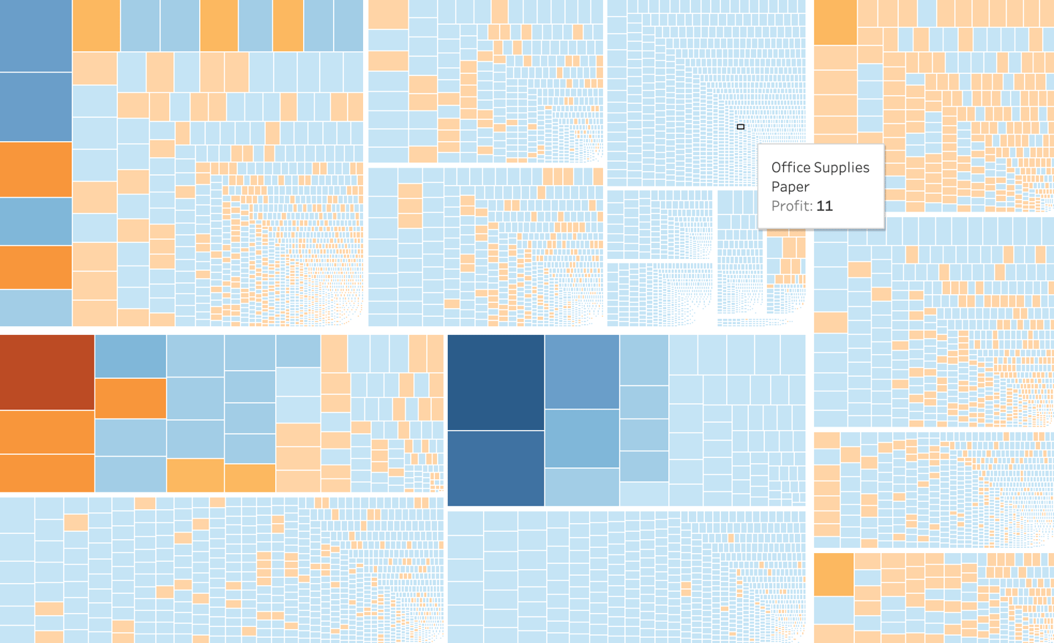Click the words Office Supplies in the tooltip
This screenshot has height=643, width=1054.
pos(820,168)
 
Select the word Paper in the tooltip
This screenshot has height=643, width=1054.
pos(790,187)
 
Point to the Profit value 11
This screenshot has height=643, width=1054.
pos(824,206)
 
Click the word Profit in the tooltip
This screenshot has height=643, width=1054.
pos(790,206)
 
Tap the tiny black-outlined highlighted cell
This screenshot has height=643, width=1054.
pos(740,127)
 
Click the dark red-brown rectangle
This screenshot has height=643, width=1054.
pos(47,372)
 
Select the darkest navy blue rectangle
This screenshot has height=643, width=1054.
pos(496,382)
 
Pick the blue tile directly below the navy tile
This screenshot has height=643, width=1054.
pos(496,468)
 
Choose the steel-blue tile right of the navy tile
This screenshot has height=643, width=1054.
pos(582,372)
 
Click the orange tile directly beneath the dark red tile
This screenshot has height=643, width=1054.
pos(47,432)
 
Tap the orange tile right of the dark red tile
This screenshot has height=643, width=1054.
pos(130,398)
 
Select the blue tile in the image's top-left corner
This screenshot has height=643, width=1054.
pos(35,35)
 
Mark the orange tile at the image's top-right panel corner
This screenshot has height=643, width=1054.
pos(835,22)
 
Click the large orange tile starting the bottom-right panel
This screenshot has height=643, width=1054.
pos(834,574)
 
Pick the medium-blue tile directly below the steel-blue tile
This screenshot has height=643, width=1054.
pos(582,438)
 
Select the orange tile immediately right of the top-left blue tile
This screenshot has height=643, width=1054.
pos(96,26)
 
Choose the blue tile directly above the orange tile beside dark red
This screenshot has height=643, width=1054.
pos(130,356)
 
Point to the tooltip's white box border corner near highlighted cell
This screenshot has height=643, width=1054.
pos(759,146)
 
